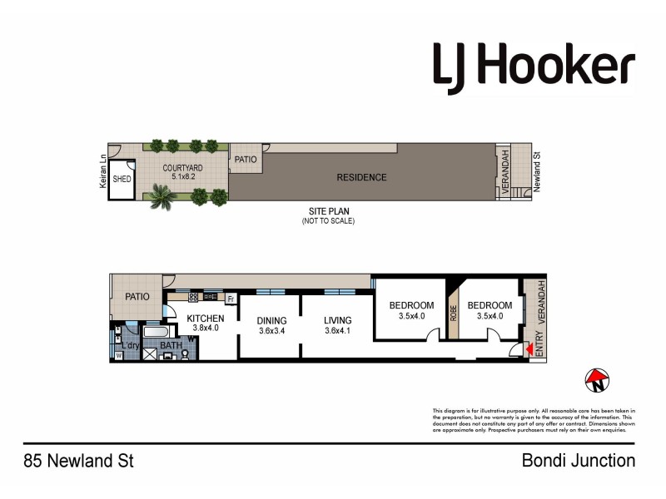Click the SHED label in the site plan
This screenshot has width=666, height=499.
[x=122, y=179]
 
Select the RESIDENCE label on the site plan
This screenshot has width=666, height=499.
[x=361, y=177]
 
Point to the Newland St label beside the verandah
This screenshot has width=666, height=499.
[x=538, y=170]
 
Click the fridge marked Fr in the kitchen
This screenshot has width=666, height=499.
[x=230, y=297]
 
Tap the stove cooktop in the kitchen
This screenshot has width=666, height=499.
[x=193, y=297]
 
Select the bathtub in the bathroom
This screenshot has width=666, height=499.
[x=157, y=331]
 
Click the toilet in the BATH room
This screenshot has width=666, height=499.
[x=185, y=353]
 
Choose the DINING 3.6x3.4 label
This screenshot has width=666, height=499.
[x=271, y=325]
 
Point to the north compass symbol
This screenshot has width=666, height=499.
[x=597, y=380]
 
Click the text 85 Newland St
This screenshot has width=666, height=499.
[x=78, y=460]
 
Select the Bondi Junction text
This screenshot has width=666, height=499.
[x=578, y=460]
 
